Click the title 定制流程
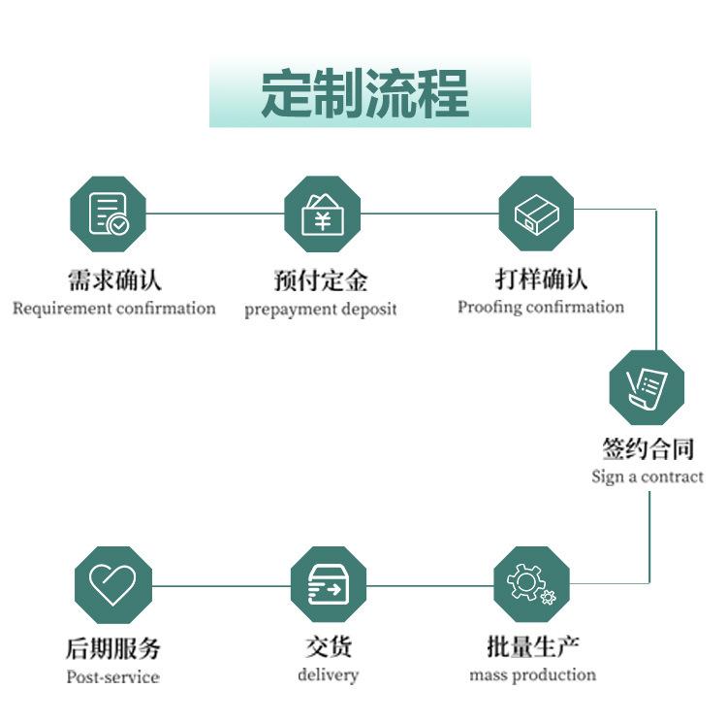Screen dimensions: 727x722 coord(365,94)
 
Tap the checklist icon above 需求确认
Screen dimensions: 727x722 coord(108,213)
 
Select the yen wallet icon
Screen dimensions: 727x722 coord(322,213)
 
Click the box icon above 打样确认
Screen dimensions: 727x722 coord(536,213)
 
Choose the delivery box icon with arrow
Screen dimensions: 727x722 coord(329,584)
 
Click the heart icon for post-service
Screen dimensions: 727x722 coord(113,584)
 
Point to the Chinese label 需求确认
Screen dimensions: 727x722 coord(113,280)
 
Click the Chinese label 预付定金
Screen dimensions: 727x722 coord(321,281)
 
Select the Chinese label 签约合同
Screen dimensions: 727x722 coord(648,448)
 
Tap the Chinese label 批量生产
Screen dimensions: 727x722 coord(532,646)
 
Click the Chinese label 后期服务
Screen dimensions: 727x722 coord(112,647)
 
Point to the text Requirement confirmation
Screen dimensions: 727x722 coord(113,309)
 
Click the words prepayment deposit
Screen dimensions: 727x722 coord(321,310)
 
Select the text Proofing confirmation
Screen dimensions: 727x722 coord(541,307)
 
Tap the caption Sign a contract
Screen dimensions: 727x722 coord(648,476)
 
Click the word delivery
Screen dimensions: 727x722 coord(328,674)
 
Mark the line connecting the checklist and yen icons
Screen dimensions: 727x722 coord(214,213)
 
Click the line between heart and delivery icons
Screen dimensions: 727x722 coord(221,585)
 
